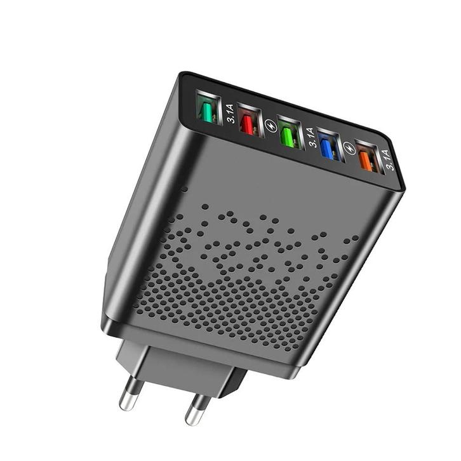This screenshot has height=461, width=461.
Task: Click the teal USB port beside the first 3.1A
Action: [x=207, y=109]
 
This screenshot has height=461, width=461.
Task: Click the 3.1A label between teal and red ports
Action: [x=230, y=115]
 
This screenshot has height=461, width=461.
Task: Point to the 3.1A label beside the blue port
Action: [x=310, y=138]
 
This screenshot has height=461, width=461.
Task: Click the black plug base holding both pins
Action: [x=184, y=364]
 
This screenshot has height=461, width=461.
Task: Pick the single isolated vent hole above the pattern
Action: [x=184, y=189]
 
